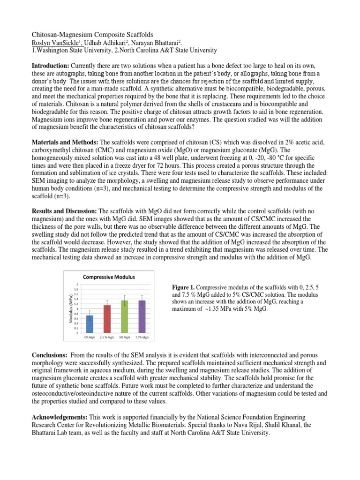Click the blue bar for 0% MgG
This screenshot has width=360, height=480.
tap(90, 324)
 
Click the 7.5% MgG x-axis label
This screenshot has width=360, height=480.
tap(142, 337)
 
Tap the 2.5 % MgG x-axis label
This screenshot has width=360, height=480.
tap(107, 337)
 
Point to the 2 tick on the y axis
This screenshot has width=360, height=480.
tap(77, 285)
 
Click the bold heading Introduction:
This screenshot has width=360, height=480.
tap(50, 65)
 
